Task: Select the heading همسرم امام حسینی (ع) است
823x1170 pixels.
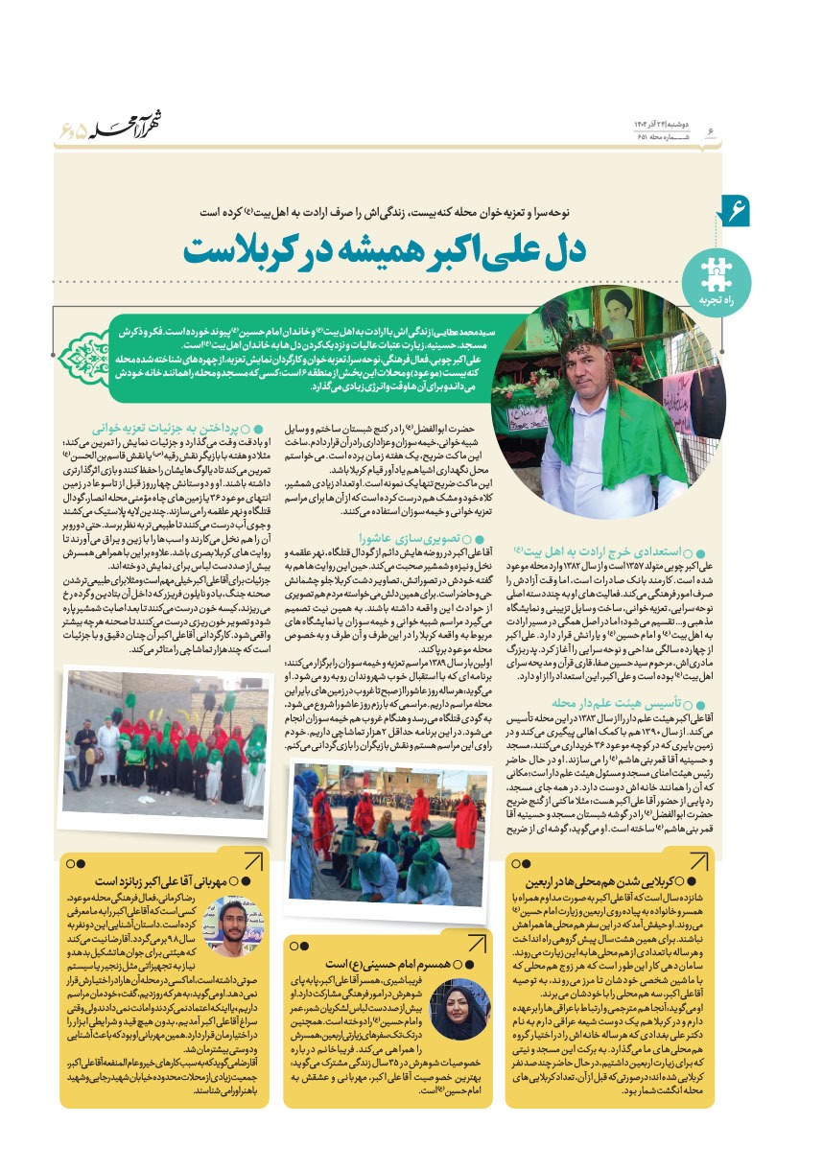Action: click(386, 962)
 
